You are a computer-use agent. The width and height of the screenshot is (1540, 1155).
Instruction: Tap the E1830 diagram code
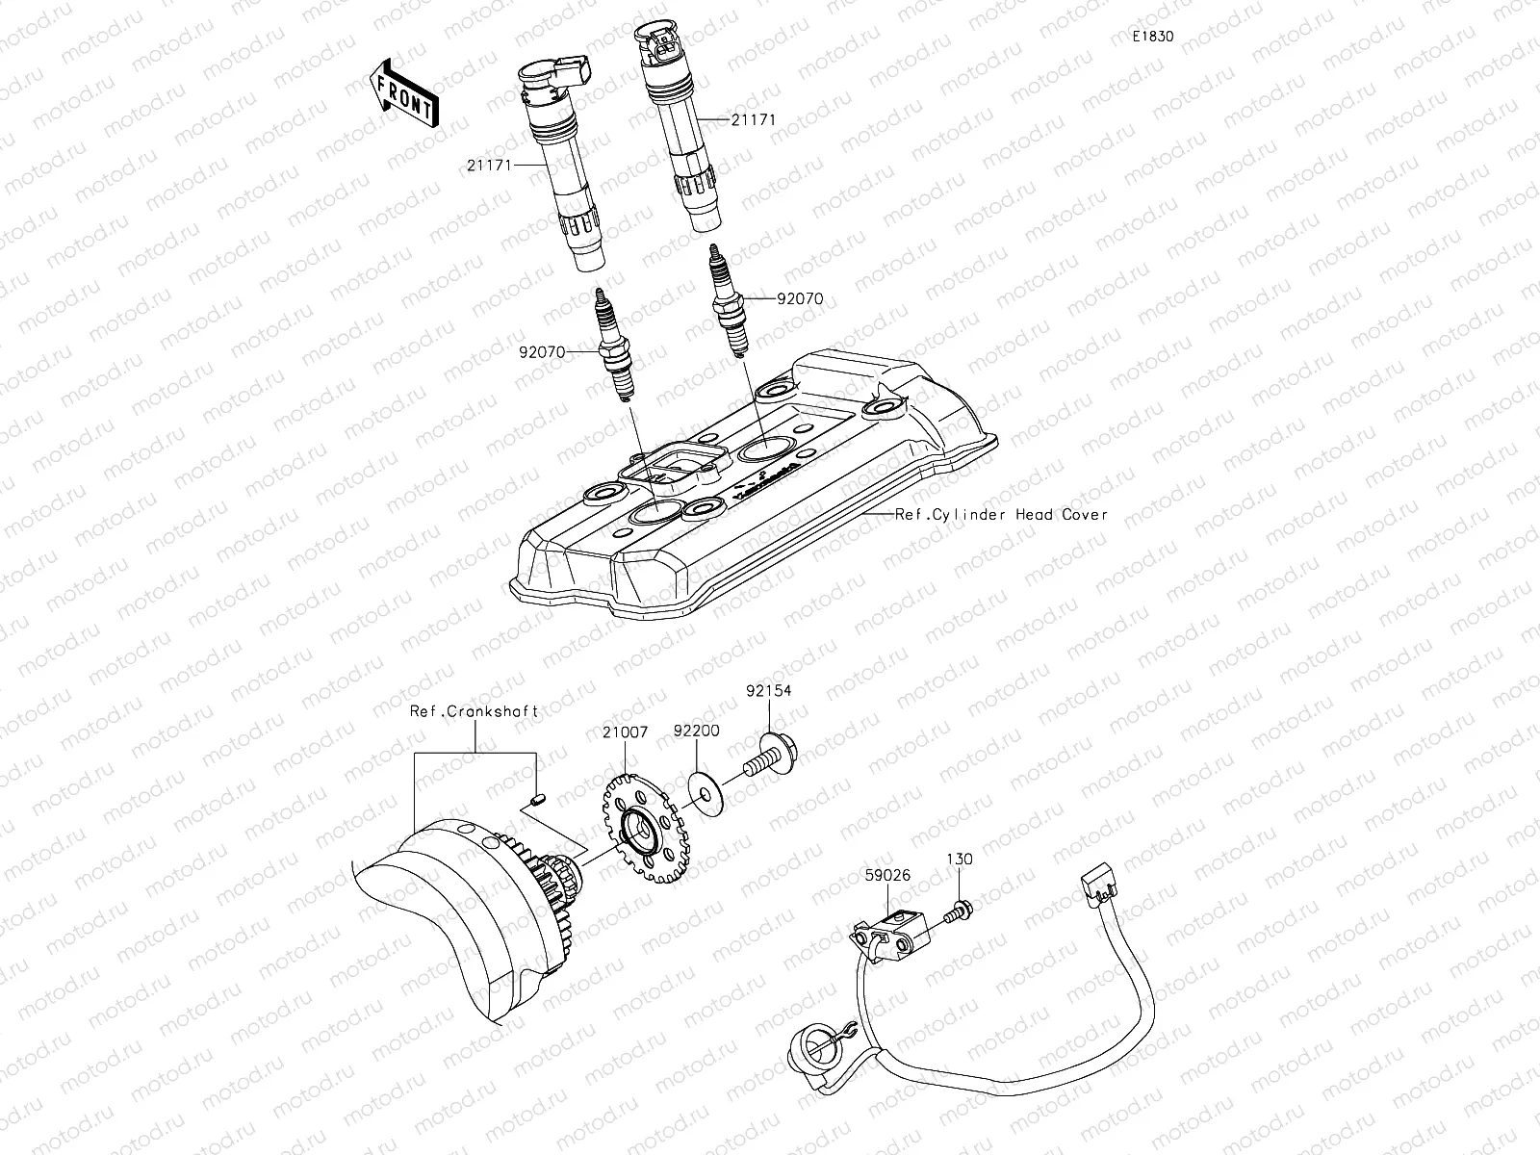1152,37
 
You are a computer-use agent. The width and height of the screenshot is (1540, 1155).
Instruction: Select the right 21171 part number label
753,120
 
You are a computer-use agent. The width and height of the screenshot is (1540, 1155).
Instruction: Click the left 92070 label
543,353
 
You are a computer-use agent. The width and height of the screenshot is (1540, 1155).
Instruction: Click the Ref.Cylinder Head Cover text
1001,514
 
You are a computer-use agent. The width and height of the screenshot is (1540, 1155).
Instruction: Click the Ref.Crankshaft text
474,711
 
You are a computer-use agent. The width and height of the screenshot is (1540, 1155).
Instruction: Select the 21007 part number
627,732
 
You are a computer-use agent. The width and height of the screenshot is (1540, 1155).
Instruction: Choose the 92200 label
696,732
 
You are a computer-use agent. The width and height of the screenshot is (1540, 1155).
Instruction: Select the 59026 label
886,876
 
